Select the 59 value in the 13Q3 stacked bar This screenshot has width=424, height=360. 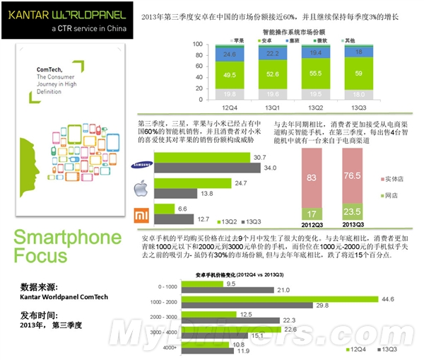click(x=360, y=72)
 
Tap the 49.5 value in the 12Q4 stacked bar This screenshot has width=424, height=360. click(x=228, y=74)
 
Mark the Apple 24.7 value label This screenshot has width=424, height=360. click(x=241, y=183)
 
